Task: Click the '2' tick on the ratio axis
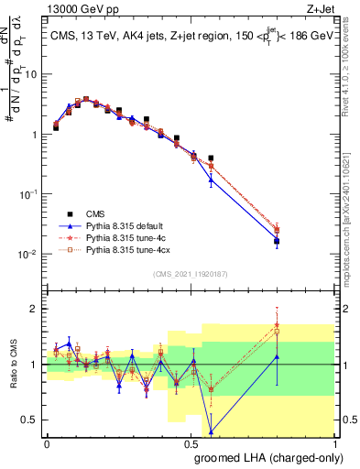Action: click(x=36, y=309)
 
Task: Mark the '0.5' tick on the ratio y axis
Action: click(x=32, y=420)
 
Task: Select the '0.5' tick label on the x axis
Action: click(x=191, y=442)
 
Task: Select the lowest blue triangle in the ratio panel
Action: click(x=212, y=431)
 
